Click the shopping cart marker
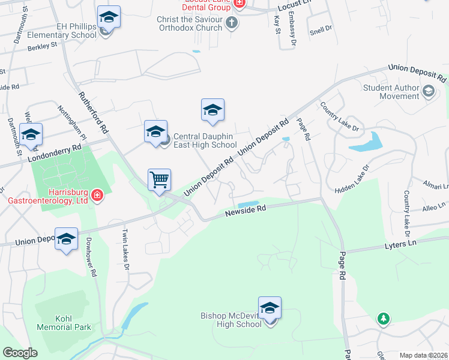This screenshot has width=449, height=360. click(160, 180)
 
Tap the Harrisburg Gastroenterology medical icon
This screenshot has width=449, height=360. click(97, 196)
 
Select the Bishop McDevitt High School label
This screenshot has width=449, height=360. click(232, 320)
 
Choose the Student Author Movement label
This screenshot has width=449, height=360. click(391, 92)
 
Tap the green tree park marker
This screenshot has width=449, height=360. click(383, 318)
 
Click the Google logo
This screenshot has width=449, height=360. click(20, 353)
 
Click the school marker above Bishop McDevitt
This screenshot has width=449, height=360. click(270, 308)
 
